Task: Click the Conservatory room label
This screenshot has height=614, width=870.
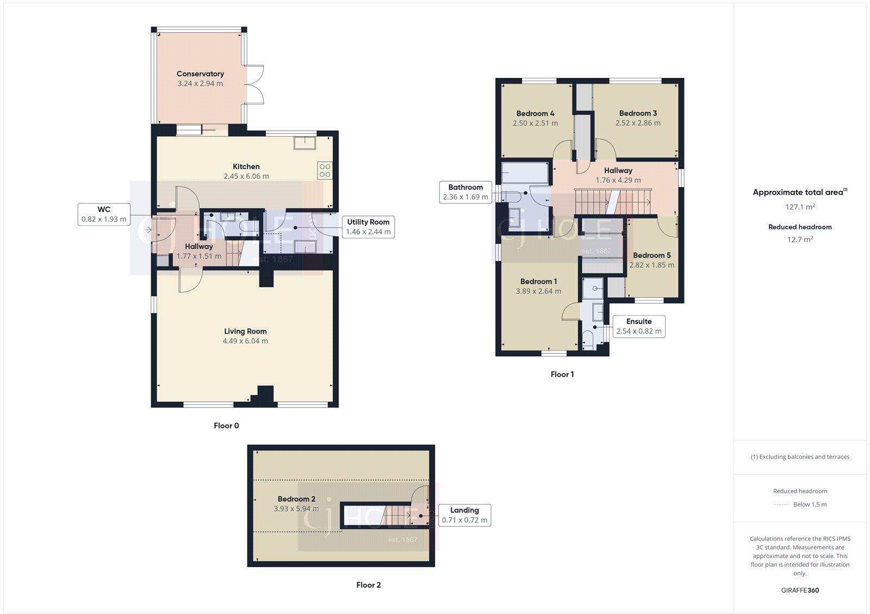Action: point(200,73)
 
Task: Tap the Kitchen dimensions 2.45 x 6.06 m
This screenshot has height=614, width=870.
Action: point(246,176)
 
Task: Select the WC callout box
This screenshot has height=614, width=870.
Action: point(104,214)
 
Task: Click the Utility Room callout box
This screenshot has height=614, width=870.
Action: point(368,226)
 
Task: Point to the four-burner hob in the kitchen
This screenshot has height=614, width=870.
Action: point(325,170)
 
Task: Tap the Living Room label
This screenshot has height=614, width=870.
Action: point(245,331)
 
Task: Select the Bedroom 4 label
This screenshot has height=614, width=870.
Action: point(535,113)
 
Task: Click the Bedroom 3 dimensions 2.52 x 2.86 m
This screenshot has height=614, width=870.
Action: point(638,123)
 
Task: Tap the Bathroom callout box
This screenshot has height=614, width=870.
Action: point(465,192)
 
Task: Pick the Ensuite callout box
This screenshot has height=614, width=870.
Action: point(638,326)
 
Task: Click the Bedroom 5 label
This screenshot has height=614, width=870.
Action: point(651,255)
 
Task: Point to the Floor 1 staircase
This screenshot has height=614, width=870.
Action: point(612,201)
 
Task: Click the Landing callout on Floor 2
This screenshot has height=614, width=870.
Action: point(464,515)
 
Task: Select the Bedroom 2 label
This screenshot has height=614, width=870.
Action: point(296,499)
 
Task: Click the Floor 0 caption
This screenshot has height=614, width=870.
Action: point(226,426)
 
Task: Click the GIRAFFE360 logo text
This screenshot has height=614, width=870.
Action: point(800,590)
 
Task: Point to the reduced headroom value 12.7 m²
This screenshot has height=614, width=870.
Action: point(799,239)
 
